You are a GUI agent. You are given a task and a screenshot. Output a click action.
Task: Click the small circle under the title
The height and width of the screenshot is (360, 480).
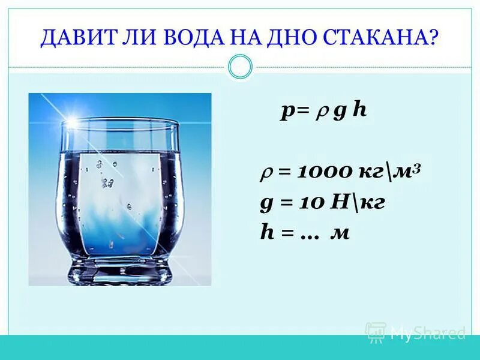point(241,67)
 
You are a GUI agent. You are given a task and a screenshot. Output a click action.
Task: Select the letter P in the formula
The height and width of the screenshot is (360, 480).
point(287,113)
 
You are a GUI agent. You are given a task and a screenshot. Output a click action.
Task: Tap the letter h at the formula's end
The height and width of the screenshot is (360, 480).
point(359,112)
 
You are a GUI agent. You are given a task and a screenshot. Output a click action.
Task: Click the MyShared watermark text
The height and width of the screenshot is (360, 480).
point(427,333)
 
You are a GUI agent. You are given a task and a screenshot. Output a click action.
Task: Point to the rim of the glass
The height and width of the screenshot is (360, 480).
point(120,123)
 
